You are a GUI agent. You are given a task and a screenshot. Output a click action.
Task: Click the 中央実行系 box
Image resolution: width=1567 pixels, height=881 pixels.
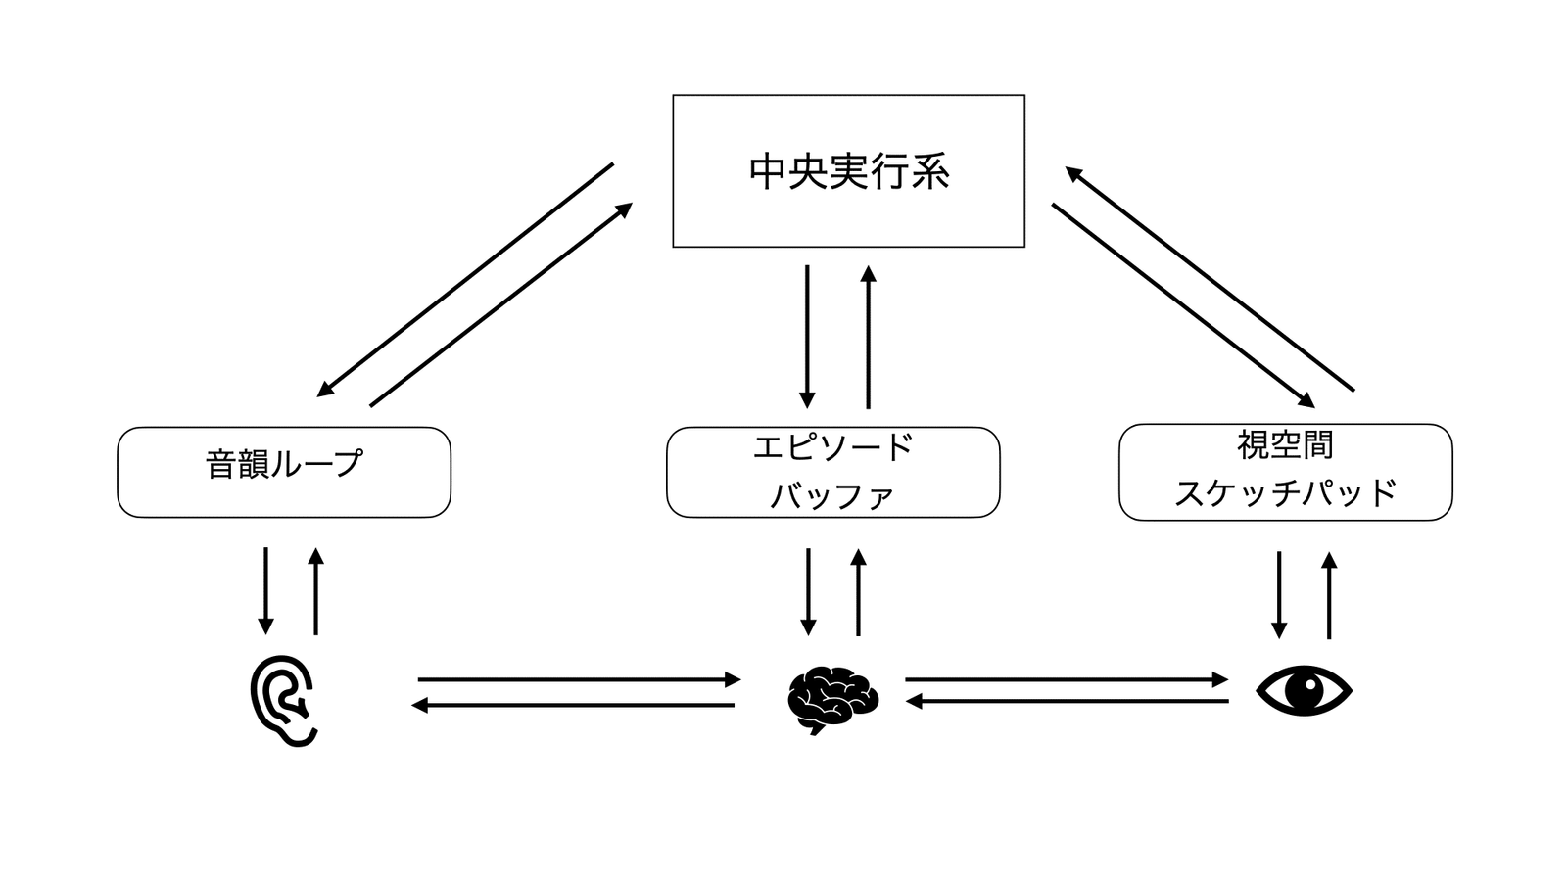848,171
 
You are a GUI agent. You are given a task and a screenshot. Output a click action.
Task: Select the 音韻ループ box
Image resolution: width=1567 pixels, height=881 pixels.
284,472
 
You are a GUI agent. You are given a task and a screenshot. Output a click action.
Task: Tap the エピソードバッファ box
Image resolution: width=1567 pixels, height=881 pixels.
832,472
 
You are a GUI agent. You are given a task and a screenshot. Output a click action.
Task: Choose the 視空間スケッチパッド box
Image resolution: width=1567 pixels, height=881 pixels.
1285,472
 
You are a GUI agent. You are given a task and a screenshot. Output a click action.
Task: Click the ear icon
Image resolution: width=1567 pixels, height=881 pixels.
283,700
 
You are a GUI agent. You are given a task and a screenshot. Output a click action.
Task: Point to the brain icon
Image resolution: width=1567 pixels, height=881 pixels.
832,698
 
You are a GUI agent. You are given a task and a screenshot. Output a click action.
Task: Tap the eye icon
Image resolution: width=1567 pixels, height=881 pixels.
1304,690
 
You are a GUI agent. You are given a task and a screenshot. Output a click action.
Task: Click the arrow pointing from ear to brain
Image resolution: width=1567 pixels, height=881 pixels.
578,679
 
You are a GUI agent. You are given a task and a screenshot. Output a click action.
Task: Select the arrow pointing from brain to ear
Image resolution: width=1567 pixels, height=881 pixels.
574,705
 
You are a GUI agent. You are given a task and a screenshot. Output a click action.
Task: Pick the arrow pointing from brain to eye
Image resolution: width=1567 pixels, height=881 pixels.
1066,679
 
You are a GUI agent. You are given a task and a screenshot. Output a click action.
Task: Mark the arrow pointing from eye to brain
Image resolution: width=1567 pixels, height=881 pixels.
1068,701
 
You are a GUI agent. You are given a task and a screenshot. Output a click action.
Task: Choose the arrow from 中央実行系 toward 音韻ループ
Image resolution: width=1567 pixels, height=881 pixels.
465,280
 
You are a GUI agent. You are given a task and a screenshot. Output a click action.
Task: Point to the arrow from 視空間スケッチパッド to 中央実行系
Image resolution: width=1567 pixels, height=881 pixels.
1210,279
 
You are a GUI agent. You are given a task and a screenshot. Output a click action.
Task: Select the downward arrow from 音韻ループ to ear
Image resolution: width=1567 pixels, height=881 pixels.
265,590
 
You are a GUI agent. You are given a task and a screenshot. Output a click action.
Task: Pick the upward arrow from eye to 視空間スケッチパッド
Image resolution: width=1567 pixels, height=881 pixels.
1329,595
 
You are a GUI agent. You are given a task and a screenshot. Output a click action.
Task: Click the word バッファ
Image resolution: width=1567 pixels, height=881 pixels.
832,496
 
